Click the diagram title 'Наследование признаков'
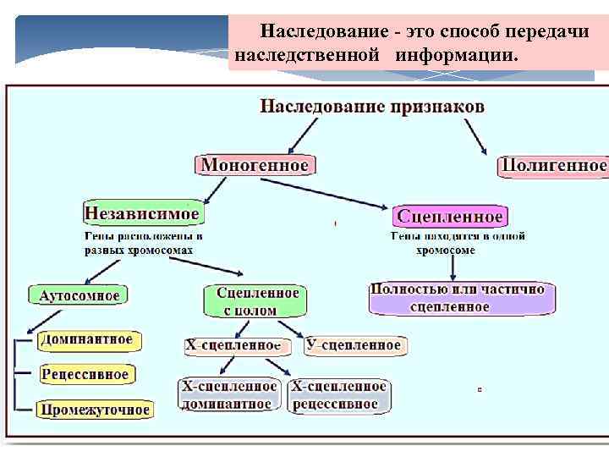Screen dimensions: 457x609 point(371,107)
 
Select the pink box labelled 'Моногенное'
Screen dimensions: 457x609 point(255,165)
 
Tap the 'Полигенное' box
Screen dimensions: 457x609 point(554,165)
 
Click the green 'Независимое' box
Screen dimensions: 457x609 point(142,212)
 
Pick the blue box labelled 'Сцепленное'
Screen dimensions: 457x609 point(451,216)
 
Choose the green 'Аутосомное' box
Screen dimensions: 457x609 point(80,295)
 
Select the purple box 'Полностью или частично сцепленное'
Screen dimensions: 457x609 point(462,298)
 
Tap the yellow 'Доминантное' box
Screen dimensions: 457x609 point(86,340)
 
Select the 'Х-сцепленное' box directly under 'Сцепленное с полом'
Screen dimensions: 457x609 point(233,345)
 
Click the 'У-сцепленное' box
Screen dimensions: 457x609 point(354,345)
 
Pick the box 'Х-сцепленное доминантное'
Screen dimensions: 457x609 point(230,395)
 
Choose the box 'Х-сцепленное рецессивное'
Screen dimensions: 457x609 point(339,395)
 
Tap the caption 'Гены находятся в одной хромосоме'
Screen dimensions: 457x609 point(457,243)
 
